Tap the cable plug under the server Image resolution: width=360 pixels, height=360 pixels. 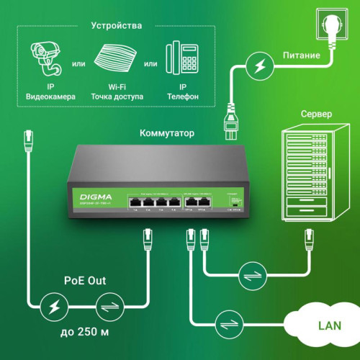(x=310, y=235)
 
